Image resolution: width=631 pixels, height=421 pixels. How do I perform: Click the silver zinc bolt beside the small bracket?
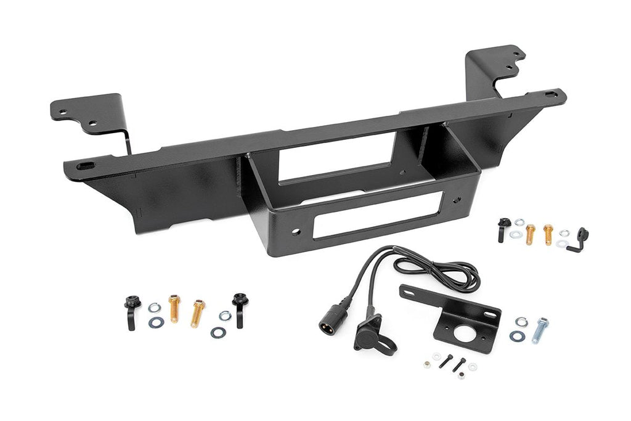coord(540,330)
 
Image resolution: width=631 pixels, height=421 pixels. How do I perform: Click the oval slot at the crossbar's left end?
coord(86,165)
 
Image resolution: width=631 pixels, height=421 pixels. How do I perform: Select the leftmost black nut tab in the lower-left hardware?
coord(131,312)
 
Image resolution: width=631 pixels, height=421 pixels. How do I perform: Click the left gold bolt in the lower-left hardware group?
coord(174,308)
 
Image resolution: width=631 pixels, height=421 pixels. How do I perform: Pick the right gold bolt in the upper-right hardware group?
coord(548,234)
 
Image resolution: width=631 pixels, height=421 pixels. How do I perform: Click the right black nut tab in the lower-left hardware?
coord(239,309)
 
